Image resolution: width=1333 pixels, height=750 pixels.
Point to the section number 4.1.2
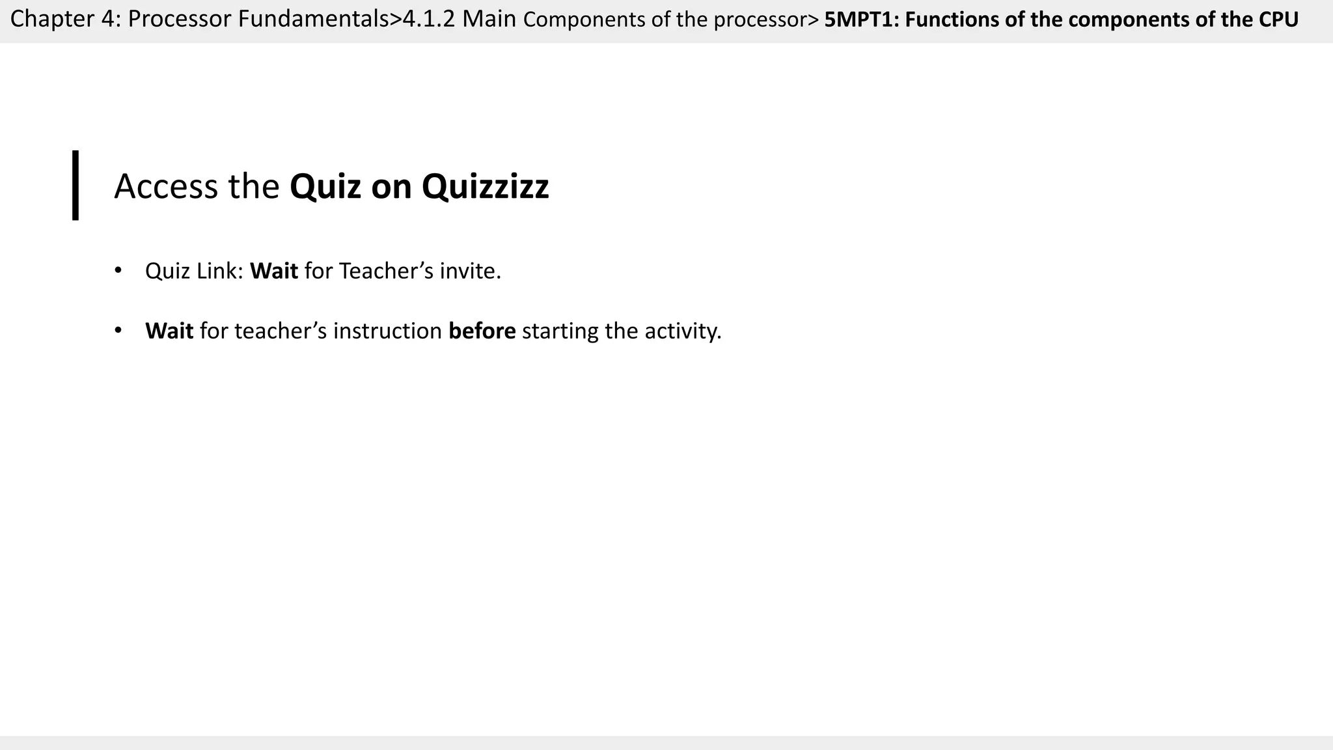point(429,20)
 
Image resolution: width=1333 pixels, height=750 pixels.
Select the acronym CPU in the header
point(1278,20)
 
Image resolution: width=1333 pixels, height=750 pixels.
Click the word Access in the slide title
point(166,186)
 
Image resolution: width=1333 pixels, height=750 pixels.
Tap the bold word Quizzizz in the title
point(485,186)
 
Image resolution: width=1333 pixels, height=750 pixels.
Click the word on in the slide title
point(391,187)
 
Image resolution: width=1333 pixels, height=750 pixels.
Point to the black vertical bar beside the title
point(76,186)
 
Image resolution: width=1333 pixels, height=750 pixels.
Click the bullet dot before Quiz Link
point(118,270)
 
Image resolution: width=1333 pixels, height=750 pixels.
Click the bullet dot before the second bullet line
point(118,331)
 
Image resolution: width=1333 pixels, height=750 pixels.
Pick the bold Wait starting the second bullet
point(169,331)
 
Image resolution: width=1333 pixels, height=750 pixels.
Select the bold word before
point(482,331)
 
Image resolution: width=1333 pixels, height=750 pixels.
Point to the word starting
point(560,331)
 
